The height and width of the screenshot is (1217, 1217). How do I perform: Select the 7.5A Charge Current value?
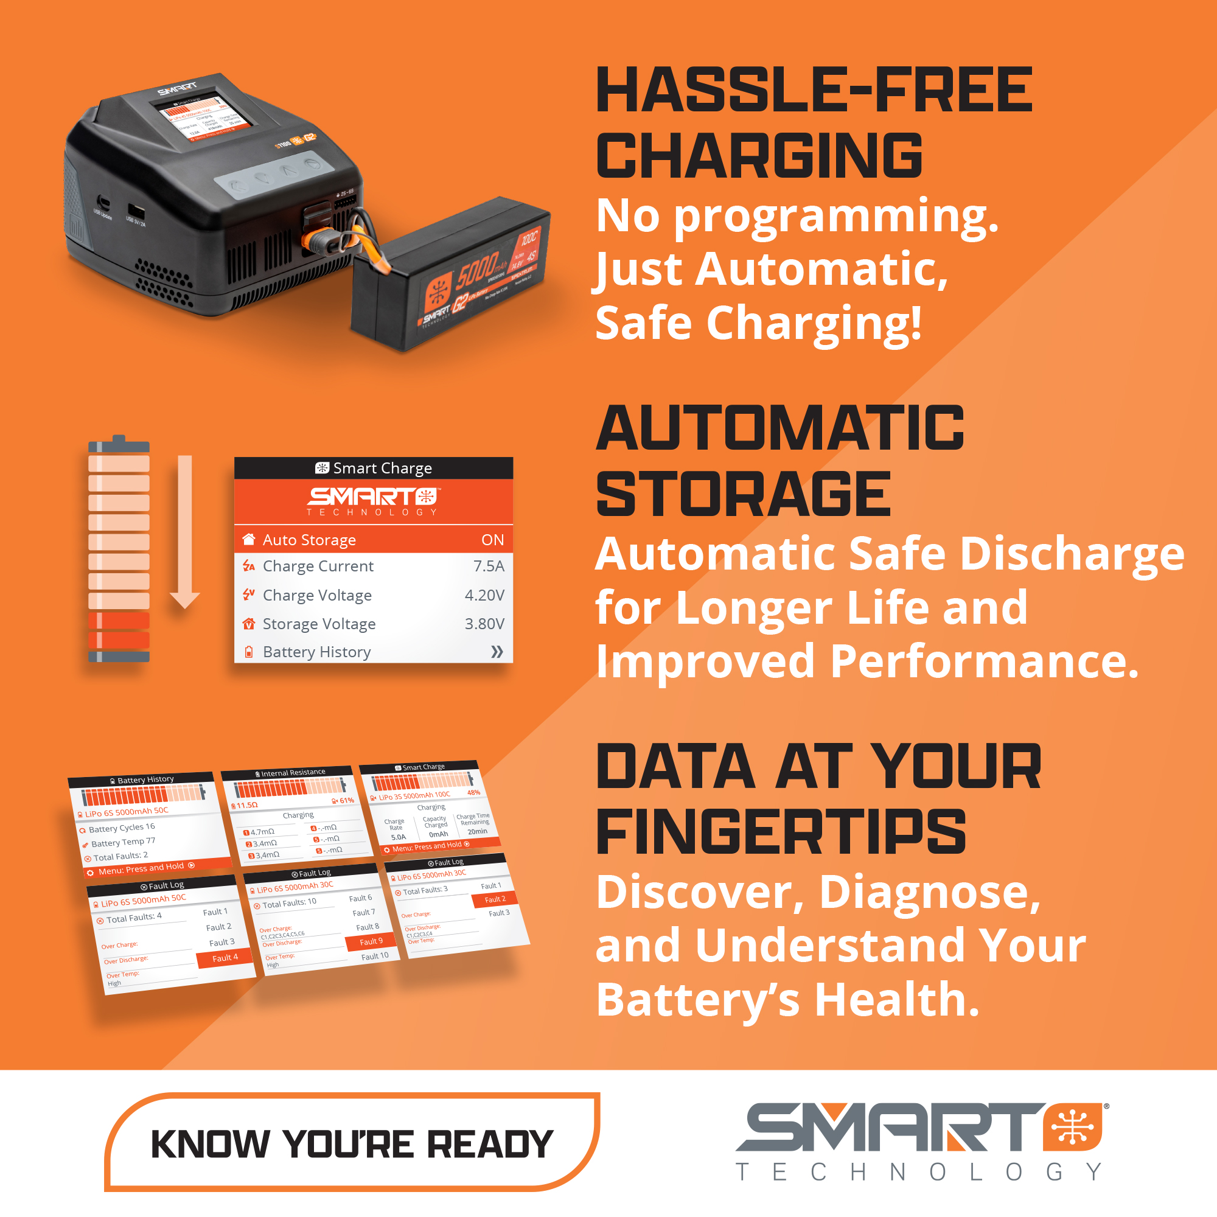pos(488,567)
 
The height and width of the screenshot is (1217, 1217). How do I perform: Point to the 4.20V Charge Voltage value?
pos(484,595)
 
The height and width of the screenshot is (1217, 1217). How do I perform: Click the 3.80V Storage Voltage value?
pos(484,624)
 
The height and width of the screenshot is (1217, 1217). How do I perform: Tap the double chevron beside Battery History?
pos(497,652)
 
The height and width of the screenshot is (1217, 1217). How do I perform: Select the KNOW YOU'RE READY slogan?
pos(352,1144)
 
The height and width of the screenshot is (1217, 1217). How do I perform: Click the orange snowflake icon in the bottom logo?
pos(1073,1127)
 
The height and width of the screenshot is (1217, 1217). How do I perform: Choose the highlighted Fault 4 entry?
pos(225,957)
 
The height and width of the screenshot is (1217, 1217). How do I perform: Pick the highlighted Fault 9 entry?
pos(371,942)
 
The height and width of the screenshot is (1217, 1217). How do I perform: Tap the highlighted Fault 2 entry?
pos(495,899)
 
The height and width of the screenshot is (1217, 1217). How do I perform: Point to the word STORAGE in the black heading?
pos(744,494)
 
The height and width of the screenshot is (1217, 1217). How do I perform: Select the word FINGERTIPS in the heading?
pos(781,831)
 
